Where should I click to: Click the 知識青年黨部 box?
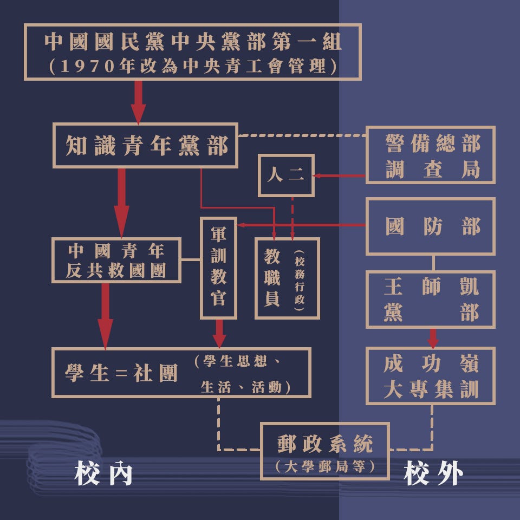[x=145, y=146]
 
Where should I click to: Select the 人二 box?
[x=286, y=175]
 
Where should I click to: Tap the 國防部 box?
[x=431, y=226]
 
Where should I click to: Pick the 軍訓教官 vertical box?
[x=219, y=268]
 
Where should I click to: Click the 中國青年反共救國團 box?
[x=116, y=260]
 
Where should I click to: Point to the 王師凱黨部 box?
[x=431, y=300]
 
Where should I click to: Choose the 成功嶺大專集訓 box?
[x=431, y=376]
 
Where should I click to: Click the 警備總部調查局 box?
[x=431, y=155]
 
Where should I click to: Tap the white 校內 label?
[x=103, y=474]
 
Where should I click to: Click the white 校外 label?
[x=433, y=474]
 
